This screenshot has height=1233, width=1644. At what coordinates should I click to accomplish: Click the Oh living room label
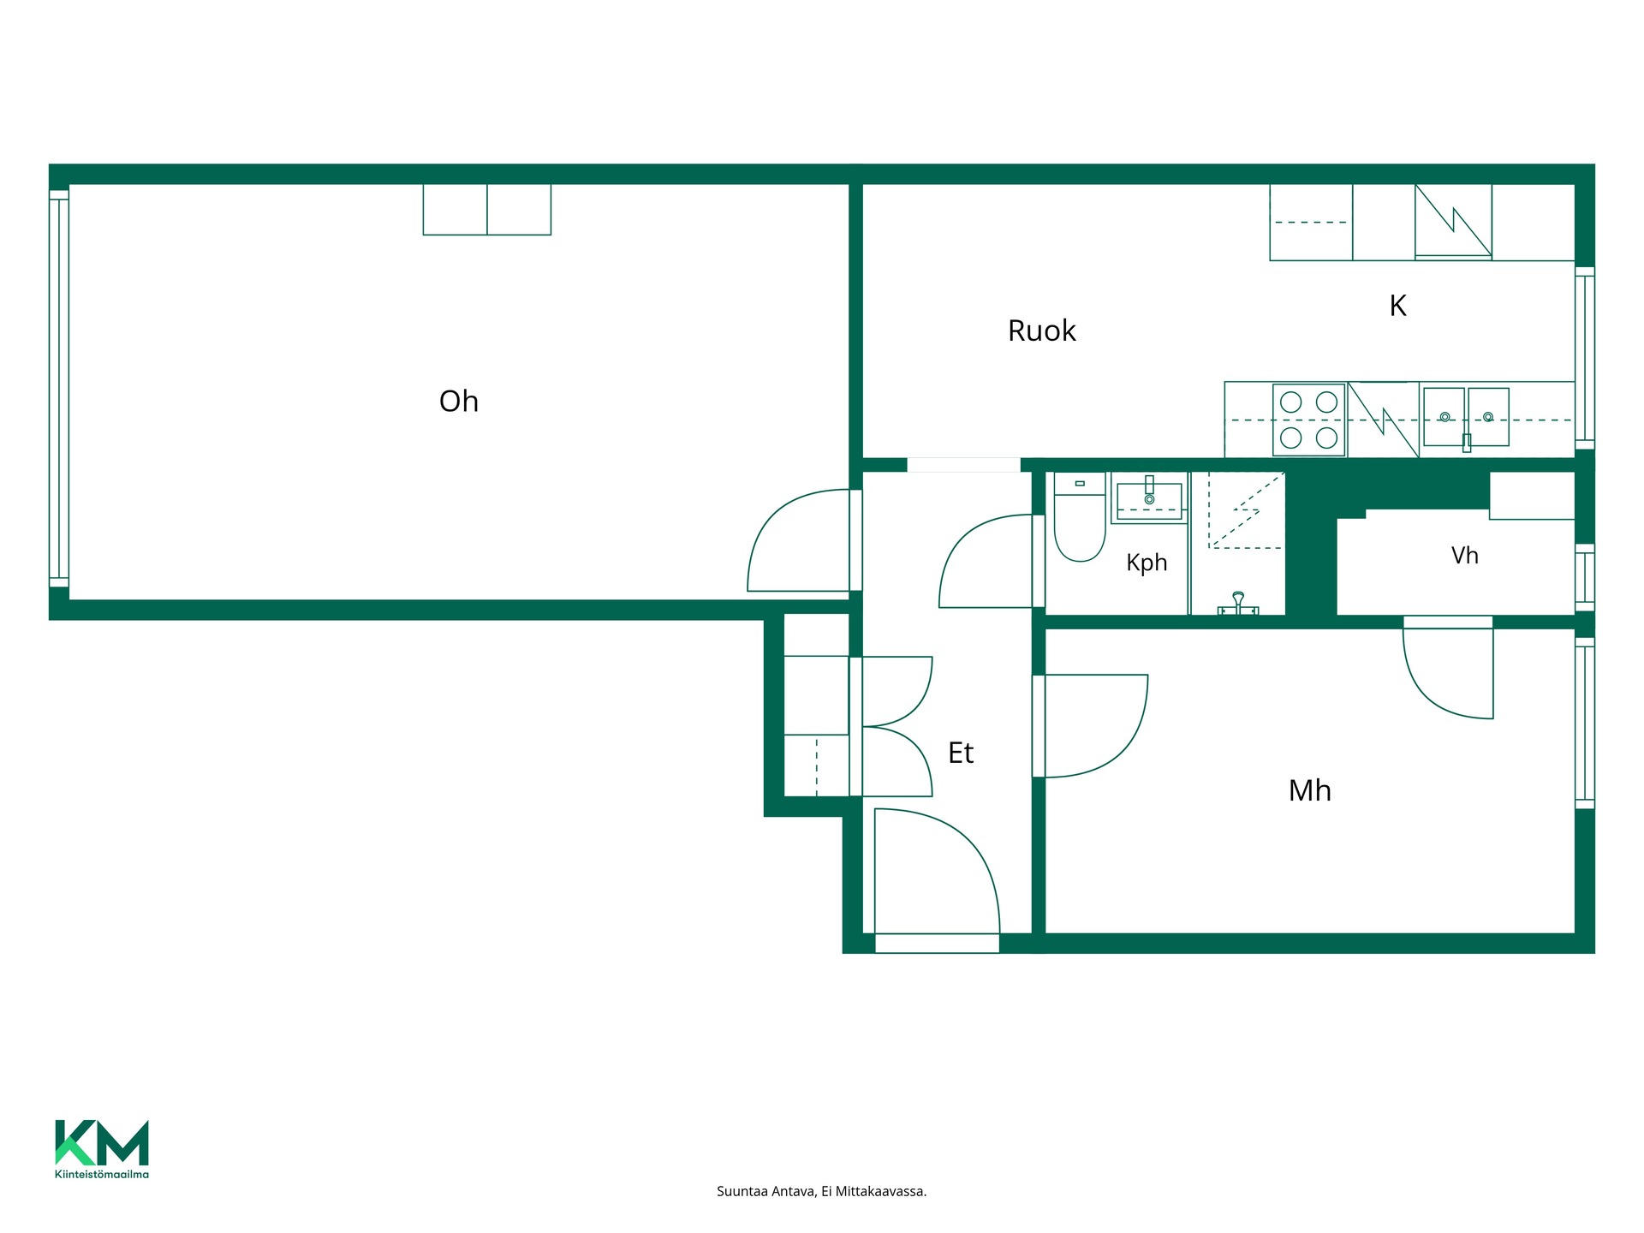point(459,401)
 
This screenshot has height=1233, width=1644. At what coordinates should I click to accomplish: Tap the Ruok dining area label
point(1041,331)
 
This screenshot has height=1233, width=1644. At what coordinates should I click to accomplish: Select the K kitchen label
point(1397,306)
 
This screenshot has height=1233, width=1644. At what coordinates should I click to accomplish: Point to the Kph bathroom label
point(1147,563)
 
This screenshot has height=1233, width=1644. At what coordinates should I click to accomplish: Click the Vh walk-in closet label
point(1464,556)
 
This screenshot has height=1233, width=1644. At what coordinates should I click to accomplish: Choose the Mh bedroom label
point(1310,790)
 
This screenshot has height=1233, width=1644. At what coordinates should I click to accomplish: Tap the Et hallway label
point(961,753)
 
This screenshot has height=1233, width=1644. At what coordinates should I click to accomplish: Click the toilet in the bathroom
point(1080,517)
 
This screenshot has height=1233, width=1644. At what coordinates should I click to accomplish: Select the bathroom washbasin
point(1149,498)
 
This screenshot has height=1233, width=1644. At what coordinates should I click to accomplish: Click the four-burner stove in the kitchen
point(1308,420)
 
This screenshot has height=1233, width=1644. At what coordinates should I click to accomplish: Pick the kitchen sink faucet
point(1467,442)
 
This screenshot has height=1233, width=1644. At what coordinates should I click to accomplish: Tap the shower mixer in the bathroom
point(1238,605)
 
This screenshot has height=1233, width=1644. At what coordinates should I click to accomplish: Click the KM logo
point(102,1142)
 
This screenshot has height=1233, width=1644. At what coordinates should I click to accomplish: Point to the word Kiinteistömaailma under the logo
point(102,1174)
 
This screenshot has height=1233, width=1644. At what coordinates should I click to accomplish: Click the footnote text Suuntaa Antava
point(766,1191)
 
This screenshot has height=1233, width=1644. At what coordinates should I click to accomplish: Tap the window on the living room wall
point(58,389)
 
